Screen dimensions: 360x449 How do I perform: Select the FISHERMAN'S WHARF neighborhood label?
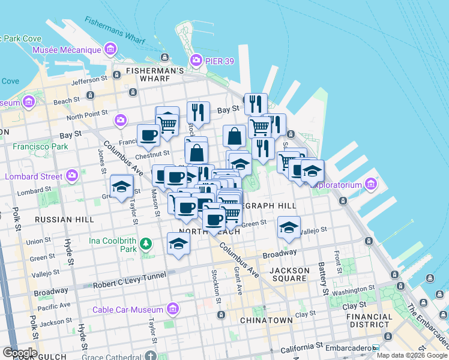coord(155,71)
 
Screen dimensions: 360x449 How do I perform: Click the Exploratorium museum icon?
coord(371,183)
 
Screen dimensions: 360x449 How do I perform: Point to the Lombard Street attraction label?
coord(34,176)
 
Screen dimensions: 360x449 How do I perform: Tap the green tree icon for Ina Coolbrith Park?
coord(145,244)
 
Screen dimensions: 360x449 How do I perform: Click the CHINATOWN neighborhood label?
coord(266,320)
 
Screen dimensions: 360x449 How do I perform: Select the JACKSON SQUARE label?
coord(290,274)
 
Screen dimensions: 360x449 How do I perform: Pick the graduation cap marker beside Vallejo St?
coord(289,228)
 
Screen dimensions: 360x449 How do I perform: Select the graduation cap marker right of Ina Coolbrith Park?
coord(178,243)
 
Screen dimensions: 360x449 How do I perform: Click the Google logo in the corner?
coord(19,353)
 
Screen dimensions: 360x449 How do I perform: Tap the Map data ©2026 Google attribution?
coord(412,355)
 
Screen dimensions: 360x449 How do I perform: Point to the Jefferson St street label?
coord(88,79)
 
